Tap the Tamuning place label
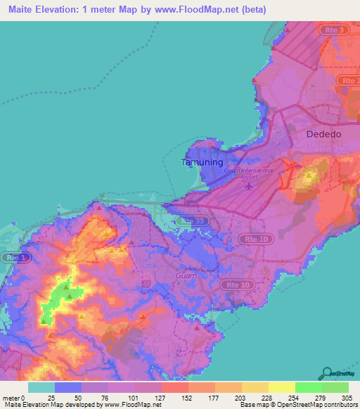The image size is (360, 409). [202, 162]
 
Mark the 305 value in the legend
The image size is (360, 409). [346, 396]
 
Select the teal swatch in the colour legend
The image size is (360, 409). [41, 387]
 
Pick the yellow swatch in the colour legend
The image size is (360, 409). [281, 387]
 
